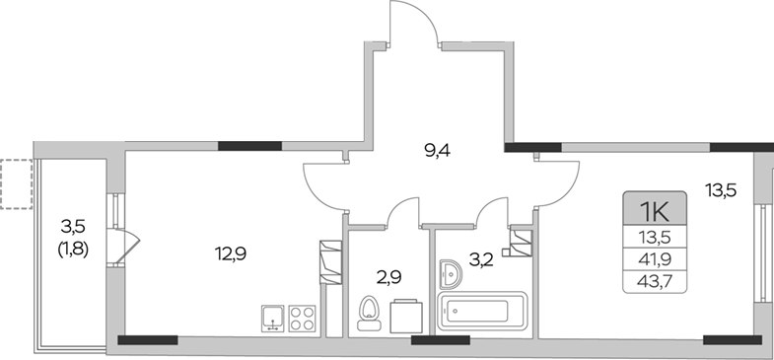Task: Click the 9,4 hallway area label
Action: tap(439, 151)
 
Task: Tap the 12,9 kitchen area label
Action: tap(231, 253)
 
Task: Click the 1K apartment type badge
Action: tap(655, 211)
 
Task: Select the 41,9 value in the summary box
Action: tap(655, 260)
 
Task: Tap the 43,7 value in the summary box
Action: tap(655, 283)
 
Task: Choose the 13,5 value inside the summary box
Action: tap(655, 237)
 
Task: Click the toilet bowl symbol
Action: tap(370, 314)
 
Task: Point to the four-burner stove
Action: tap(302, 318)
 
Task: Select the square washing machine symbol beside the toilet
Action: tap(405, 316)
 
